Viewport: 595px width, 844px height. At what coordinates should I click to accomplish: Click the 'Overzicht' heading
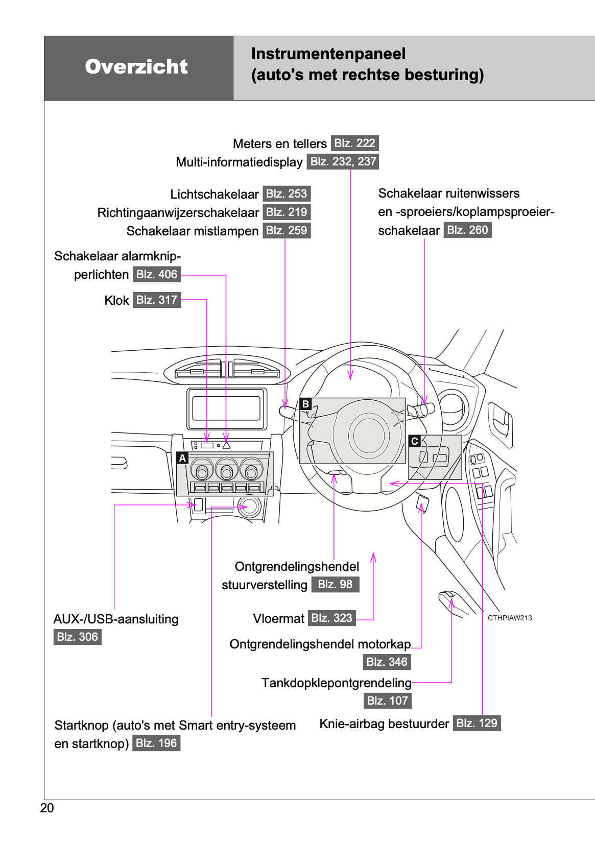[136, 67]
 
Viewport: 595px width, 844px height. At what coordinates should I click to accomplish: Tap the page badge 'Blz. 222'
[354, 143]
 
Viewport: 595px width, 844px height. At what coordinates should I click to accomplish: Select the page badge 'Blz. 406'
[157, 274]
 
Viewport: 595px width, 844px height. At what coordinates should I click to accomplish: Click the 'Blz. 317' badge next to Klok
[157, 300]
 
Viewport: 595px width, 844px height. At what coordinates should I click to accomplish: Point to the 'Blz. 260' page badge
[467, 230]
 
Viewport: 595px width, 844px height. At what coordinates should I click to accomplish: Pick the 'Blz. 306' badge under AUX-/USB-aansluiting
[77, 637]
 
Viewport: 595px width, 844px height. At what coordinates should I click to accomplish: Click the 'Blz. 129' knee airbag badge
[477, 723]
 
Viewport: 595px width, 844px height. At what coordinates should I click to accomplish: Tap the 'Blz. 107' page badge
[387, 701]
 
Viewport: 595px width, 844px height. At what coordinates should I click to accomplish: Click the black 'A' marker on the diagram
[182, 458]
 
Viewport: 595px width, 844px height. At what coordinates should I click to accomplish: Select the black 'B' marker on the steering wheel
[305, 404]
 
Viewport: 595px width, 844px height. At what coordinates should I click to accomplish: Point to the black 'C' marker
[415, 441]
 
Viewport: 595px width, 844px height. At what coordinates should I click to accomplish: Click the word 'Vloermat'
[278, 618]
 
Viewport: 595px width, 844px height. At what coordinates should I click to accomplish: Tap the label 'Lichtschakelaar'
[215, 194]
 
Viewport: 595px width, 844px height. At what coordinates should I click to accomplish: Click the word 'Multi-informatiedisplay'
[239, 162]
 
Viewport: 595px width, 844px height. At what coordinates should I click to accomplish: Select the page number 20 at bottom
[47, 808]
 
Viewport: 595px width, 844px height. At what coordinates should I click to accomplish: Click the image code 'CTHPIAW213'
[510, 618]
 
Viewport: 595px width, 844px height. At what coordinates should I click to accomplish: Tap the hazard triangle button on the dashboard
[226, 445]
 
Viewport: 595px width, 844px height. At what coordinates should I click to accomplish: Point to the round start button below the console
[250, 507]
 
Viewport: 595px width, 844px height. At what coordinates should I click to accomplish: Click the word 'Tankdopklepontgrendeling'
[336, 683]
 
